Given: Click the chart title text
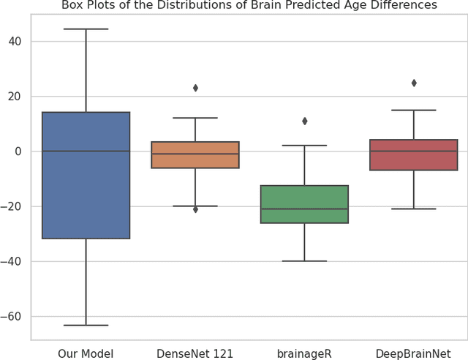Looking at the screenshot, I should pos(249,6).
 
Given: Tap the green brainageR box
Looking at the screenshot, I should pos(304,204).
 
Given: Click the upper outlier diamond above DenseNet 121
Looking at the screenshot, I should pos(195,88).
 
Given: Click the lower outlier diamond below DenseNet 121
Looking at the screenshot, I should pos(195,209).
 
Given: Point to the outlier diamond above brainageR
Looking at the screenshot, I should pos(304,121).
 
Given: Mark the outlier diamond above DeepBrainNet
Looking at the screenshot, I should pos(414,83).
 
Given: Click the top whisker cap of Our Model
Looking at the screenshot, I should pos(86,29).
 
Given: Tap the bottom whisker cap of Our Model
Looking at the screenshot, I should pos(86,325).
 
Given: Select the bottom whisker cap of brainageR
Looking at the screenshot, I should pos(304,261).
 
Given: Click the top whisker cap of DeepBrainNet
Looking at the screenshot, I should pos(414,110).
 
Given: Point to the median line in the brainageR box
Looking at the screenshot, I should pos(304,209).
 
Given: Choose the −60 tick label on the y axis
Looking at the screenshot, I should pos(13,317).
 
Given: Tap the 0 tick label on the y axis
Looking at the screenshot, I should pos(19,151).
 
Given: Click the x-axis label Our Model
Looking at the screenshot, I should pos(86,354).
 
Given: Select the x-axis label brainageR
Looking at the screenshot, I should pos(304,354).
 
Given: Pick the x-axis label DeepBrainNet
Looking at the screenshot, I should pos(414,354).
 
